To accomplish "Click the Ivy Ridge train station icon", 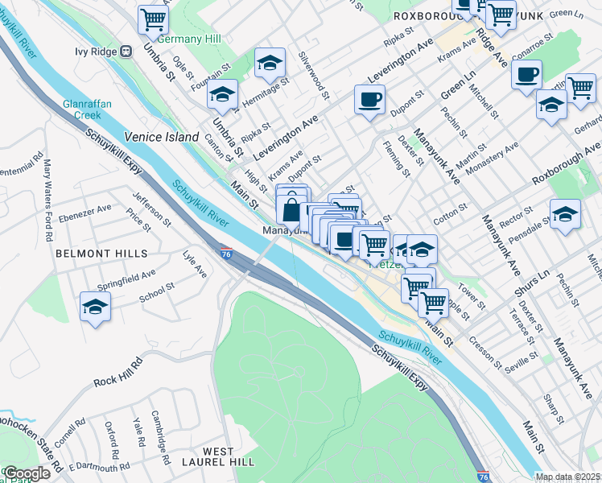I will pos(126,52).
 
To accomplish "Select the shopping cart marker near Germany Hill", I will pos(153,19).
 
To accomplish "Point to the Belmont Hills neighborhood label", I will pos(101,253).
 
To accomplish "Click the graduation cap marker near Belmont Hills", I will pos(95,308).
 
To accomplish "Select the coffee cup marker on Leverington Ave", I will pos(369,100).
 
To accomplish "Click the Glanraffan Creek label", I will pos(89,109).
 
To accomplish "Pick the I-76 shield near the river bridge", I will pos(227,254).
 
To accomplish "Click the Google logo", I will pos(27,473).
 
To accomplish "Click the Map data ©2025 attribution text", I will pos(567,477).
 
